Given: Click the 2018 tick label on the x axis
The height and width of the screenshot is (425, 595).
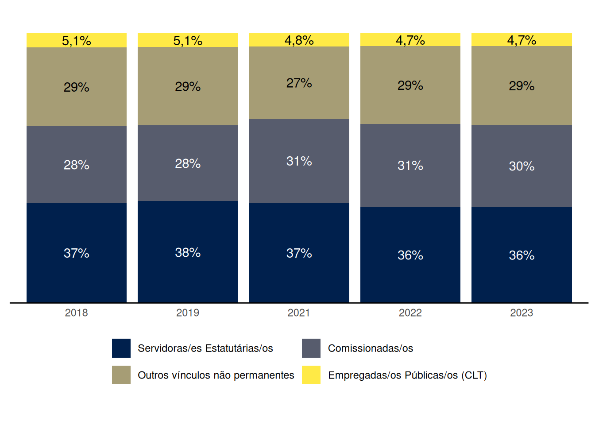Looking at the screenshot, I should tap(76, 313).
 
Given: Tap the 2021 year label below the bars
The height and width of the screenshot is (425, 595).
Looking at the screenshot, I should tap(299, 313).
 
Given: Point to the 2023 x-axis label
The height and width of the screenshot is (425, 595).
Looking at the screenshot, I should tap(522, 313).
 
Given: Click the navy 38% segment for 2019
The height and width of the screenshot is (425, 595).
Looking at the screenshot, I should tap(188, 252).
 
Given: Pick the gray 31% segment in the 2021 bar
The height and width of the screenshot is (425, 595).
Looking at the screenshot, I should tap(299, 161).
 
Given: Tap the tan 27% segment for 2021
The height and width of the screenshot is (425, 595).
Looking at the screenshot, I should tap(299, 83).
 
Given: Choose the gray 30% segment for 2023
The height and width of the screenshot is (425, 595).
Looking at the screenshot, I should tap(522, 166).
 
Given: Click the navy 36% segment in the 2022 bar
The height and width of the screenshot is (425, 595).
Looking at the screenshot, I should tap(410, 255).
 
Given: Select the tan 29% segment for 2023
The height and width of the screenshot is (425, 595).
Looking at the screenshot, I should tap(522, 85).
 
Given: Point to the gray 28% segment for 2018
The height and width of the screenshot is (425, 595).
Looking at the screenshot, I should tap(76, 165).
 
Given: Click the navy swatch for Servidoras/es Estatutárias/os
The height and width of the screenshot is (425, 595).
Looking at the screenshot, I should tap(121, 348).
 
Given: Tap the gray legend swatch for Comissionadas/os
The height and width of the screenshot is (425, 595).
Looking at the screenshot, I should tap(311, 348).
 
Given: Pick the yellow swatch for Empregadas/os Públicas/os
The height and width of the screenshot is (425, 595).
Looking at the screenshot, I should tap(311, 375).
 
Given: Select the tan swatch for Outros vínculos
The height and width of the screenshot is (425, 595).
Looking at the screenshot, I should tap(121, 375).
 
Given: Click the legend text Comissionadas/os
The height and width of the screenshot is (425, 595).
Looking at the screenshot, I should tap(370, 348).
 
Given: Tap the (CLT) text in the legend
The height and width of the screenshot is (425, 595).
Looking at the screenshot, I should tap(474, 375).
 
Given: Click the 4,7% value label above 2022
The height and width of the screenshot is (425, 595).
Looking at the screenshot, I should tap(410, 40).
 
